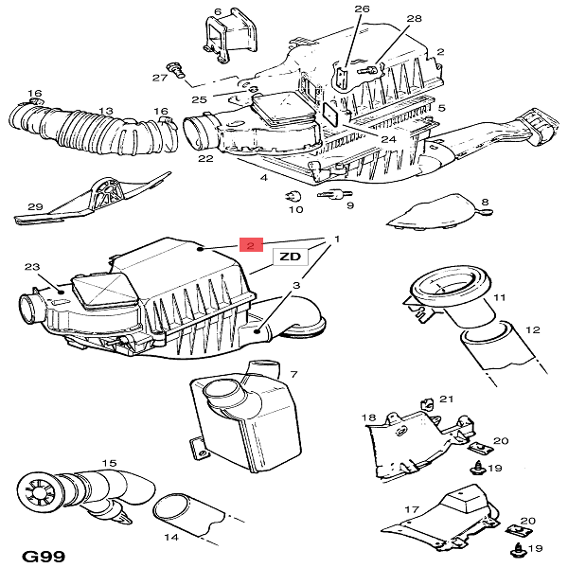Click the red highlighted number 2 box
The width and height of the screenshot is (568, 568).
pyautogui.click(x=250, y=244)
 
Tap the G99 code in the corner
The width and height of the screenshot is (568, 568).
pyautogui.click(x=44, y=554)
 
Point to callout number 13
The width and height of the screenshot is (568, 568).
pyautogui.click(x=106, y=111)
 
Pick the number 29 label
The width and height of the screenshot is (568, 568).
pyautogui.click(x=35, y=206)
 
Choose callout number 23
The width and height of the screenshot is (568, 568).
pyautogui.click(x=31, y=268)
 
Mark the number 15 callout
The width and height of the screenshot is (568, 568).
pyautogui.click(x=109, y=464)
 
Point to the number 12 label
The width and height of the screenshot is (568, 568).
pyautogui.click(x=532, y=329)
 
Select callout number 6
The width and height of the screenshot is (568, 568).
pyautogui.click(x=217, y=11)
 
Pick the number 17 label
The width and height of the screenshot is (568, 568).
pyautogui.click(x=411, y=510)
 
